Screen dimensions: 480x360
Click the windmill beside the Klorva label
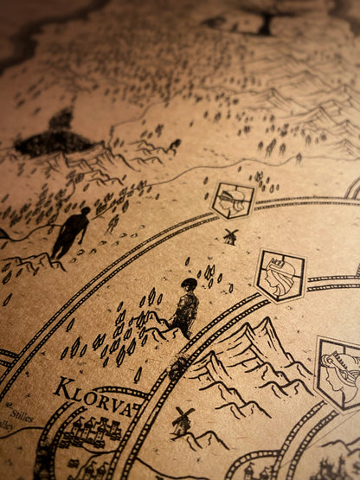pyautogui.click(x=182, y=422)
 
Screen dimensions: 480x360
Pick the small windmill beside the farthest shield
pyautogui.click(x=229, y=235)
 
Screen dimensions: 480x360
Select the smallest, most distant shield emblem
pyautogui.click(x=233, y=200)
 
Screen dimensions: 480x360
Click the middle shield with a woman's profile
pyautogui.click(x=280, y=275)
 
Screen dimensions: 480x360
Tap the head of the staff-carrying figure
pyautogui.click(x=84, y=210)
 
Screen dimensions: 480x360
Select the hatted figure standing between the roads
pyautogui.click(x=184, y=309)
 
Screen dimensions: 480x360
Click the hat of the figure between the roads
pyautogui.click(x=190, y=284)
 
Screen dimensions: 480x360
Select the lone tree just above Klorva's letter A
pyautogui.click(x=138, y=375)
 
